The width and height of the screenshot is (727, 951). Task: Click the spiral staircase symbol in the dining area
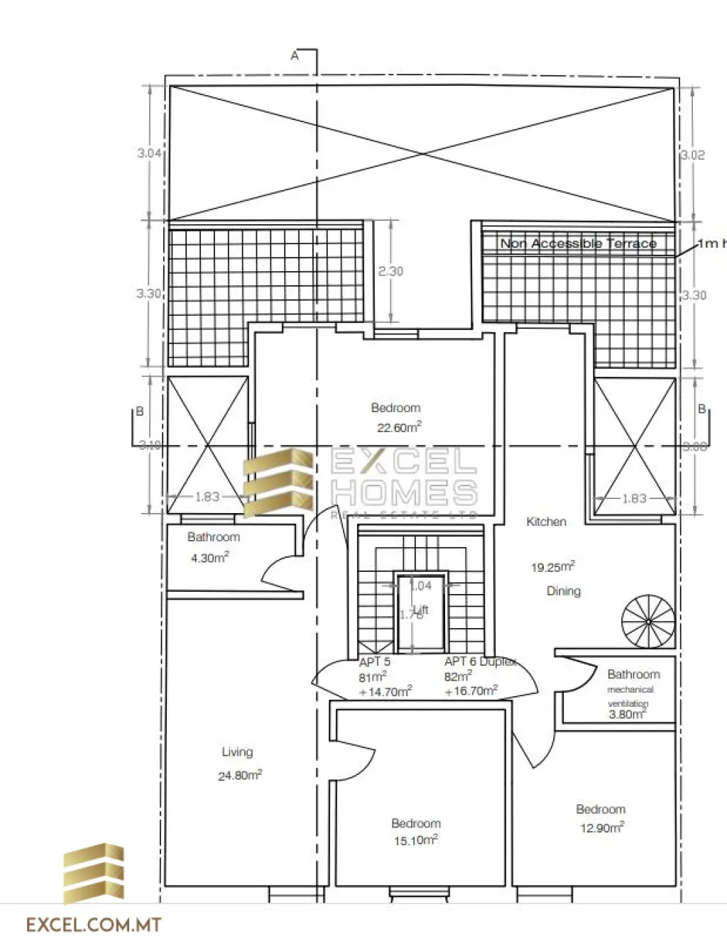tap(648, 621)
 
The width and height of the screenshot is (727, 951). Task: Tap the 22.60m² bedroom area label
tap(398, 427)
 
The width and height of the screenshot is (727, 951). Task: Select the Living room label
tap(237, 752)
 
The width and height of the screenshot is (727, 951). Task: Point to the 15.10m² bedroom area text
tap(415, 840)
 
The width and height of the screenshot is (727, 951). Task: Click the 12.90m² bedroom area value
tap(601, 828)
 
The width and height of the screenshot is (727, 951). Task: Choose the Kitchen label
tap(546, 522)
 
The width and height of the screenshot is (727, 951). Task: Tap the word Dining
tap(563, 590)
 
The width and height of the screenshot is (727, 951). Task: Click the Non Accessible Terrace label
tap(578, 243)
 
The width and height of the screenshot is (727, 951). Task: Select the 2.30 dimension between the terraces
tap(390, 271)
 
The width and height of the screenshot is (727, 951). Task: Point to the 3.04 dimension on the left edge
tap(148, 153)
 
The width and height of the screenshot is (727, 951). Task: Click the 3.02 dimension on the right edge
tap(693, 155)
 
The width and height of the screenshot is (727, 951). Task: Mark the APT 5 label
tap(374, 661)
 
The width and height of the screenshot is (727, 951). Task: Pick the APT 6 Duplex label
tap(481, 661)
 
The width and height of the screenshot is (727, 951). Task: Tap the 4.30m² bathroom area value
tap(209, 558)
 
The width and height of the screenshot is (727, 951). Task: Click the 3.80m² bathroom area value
tap(627, 714)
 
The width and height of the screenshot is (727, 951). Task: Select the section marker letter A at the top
tap(295, 55)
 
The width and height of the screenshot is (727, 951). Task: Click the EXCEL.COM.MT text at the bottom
tap(94, 925)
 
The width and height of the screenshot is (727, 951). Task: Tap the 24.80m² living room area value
tap(240, 775)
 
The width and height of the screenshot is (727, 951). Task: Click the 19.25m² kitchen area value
tap(552, 567)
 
